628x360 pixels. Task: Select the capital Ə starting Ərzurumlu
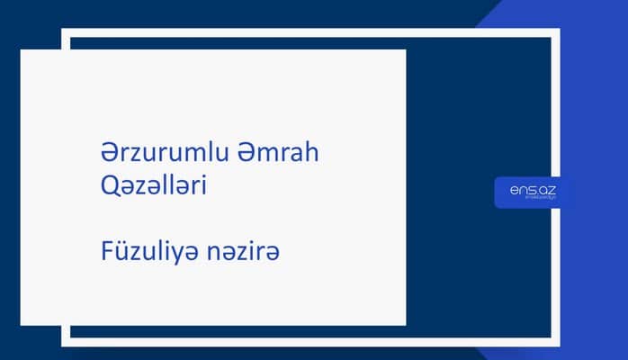(109, 154)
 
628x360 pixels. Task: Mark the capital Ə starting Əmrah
(246, 154)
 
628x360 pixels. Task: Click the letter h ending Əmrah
(312, 154)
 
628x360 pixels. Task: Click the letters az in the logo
(545, 189)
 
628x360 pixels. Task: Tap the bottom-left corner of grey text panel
(22, 324)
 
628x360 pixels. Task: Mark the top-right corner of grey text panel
(405, 50)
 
